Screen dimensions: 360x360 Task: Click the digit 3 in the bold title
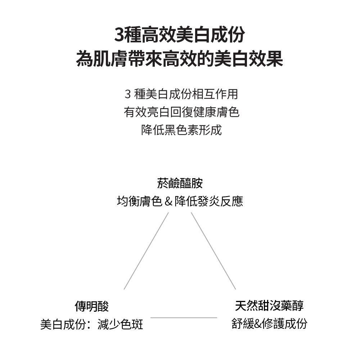(120, 35)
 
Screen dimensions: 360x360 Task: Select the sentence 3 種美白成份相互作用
(181, 94)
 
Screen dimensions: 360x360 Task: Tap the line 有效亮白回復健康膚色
(181, 112)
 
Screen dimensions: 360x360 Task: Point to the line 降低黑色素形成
(181, 130)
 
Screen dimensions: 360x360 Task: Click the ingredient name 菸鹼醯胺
(180, 184)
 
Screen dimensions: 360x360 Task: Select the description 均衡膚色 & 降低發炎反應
(180, 201)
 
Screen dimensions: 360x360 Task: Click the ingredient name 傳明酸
(91, 306)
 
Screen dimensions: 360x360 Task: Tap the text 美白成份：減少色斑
(91, 324)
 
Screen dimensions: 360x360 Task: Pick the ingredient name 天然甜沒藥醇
(269, 306)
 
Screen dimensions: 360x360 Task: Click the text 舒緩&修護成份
(269, 323)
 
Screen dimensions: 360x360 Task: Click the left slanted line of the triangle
(146, 251)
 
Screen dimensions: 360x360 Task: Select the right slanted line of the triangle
(213, 251)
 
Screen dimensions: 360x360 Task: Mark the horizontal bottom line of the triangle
(184, 318)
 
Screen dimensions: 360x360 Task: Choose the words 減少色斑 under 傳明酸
(120, 324)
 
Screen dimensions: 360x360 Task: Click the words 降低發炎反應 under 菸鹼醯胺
(209, 201)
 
